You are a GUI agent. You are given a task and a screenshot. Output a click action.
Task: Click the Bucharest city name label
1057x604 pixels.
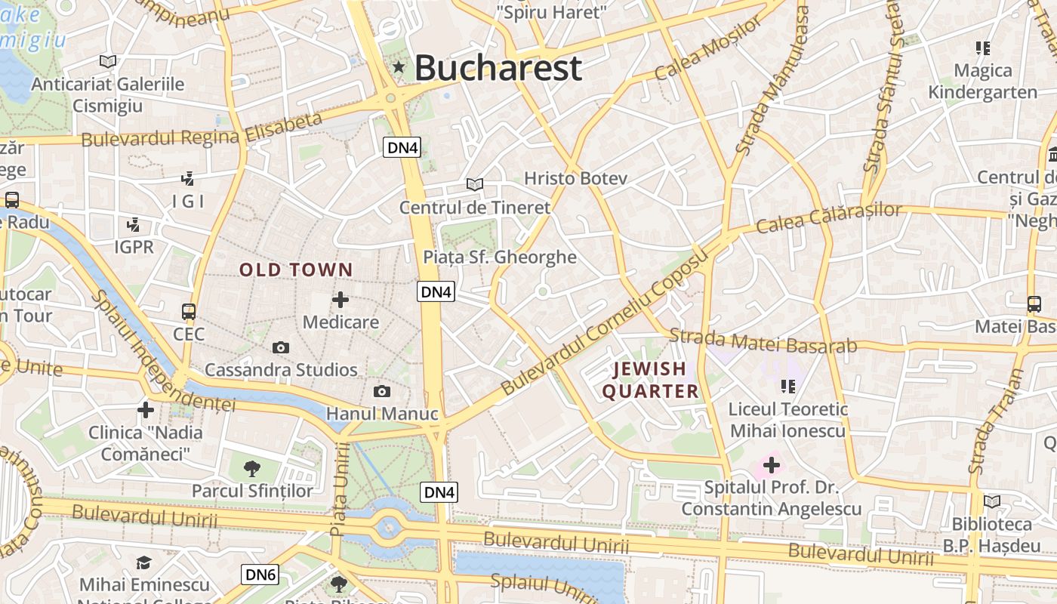[498, 68]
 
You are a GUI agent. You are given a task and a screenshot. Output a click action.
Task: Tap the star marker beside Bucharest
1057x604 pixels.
[399, 68]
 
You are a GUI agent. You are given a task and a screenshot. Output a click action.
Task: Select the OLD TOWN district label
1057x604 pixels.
[296, 270]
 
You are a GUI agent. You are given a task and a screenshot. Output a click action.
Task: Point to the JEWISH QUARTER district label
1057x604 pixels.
[650, 380]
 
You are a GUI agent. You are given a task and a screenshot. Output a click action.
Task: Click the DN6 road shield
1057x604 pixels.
[260, 575]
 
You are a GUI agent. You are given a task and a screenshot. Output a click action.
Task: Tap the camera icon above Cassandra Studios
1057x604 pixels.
[281, 347]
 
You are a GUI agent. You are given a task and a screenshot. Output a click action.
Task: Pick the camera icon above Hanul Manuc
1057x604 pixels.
[382, 391]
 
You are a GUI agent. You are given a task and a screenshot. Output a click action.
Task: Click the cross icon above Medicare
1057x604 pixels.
[341, 300]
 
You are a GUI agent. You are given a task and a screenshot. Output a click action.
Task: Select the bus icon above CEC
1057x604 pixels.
[188, 311]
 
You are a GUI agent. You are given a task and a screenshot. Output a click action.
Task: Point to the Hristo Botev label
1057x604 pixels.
[576, 179]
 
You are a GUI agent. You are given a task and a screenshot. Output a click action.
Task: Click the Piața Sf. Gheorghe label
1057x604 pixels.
[500, 257]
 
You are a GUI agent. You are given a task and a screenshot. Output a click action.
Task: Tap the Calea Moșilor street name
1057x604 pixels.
[708, 48]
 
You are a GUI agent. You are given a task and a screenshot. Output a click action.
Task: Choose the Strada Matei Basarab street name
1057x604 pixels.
[763, 341]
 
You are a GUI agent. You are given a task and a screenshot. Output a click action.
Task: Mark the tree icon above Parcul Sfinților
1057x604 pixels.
[252, 469]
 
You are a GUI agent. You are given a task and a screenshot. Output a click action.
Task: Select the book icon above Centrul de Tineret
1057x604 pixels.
[474, 184]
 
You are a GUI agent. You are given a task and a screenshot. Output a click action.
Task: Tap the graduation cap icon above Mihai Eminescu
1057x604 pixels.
[143, 562]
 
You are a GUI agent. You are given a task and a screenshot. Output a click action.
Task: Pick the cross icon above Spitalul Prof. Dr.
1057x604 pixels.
[771, 465]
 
